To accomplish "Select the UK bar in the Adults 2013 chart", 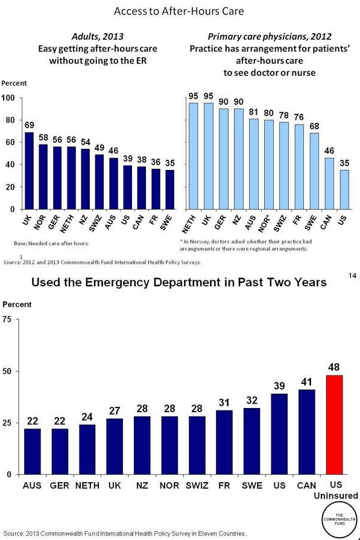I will click(x=28, y=171).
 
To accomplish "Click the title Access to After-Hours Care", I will click(x=180, y=11).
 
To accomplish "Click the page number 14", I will click(x=352, y=276).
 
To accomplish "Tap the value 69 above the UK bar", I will click(x=28, y=125).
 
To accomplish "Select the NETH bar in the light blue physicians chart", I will click(x=194, y=155).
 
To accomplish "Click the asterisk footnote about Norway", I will click(x=244, y=245).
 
